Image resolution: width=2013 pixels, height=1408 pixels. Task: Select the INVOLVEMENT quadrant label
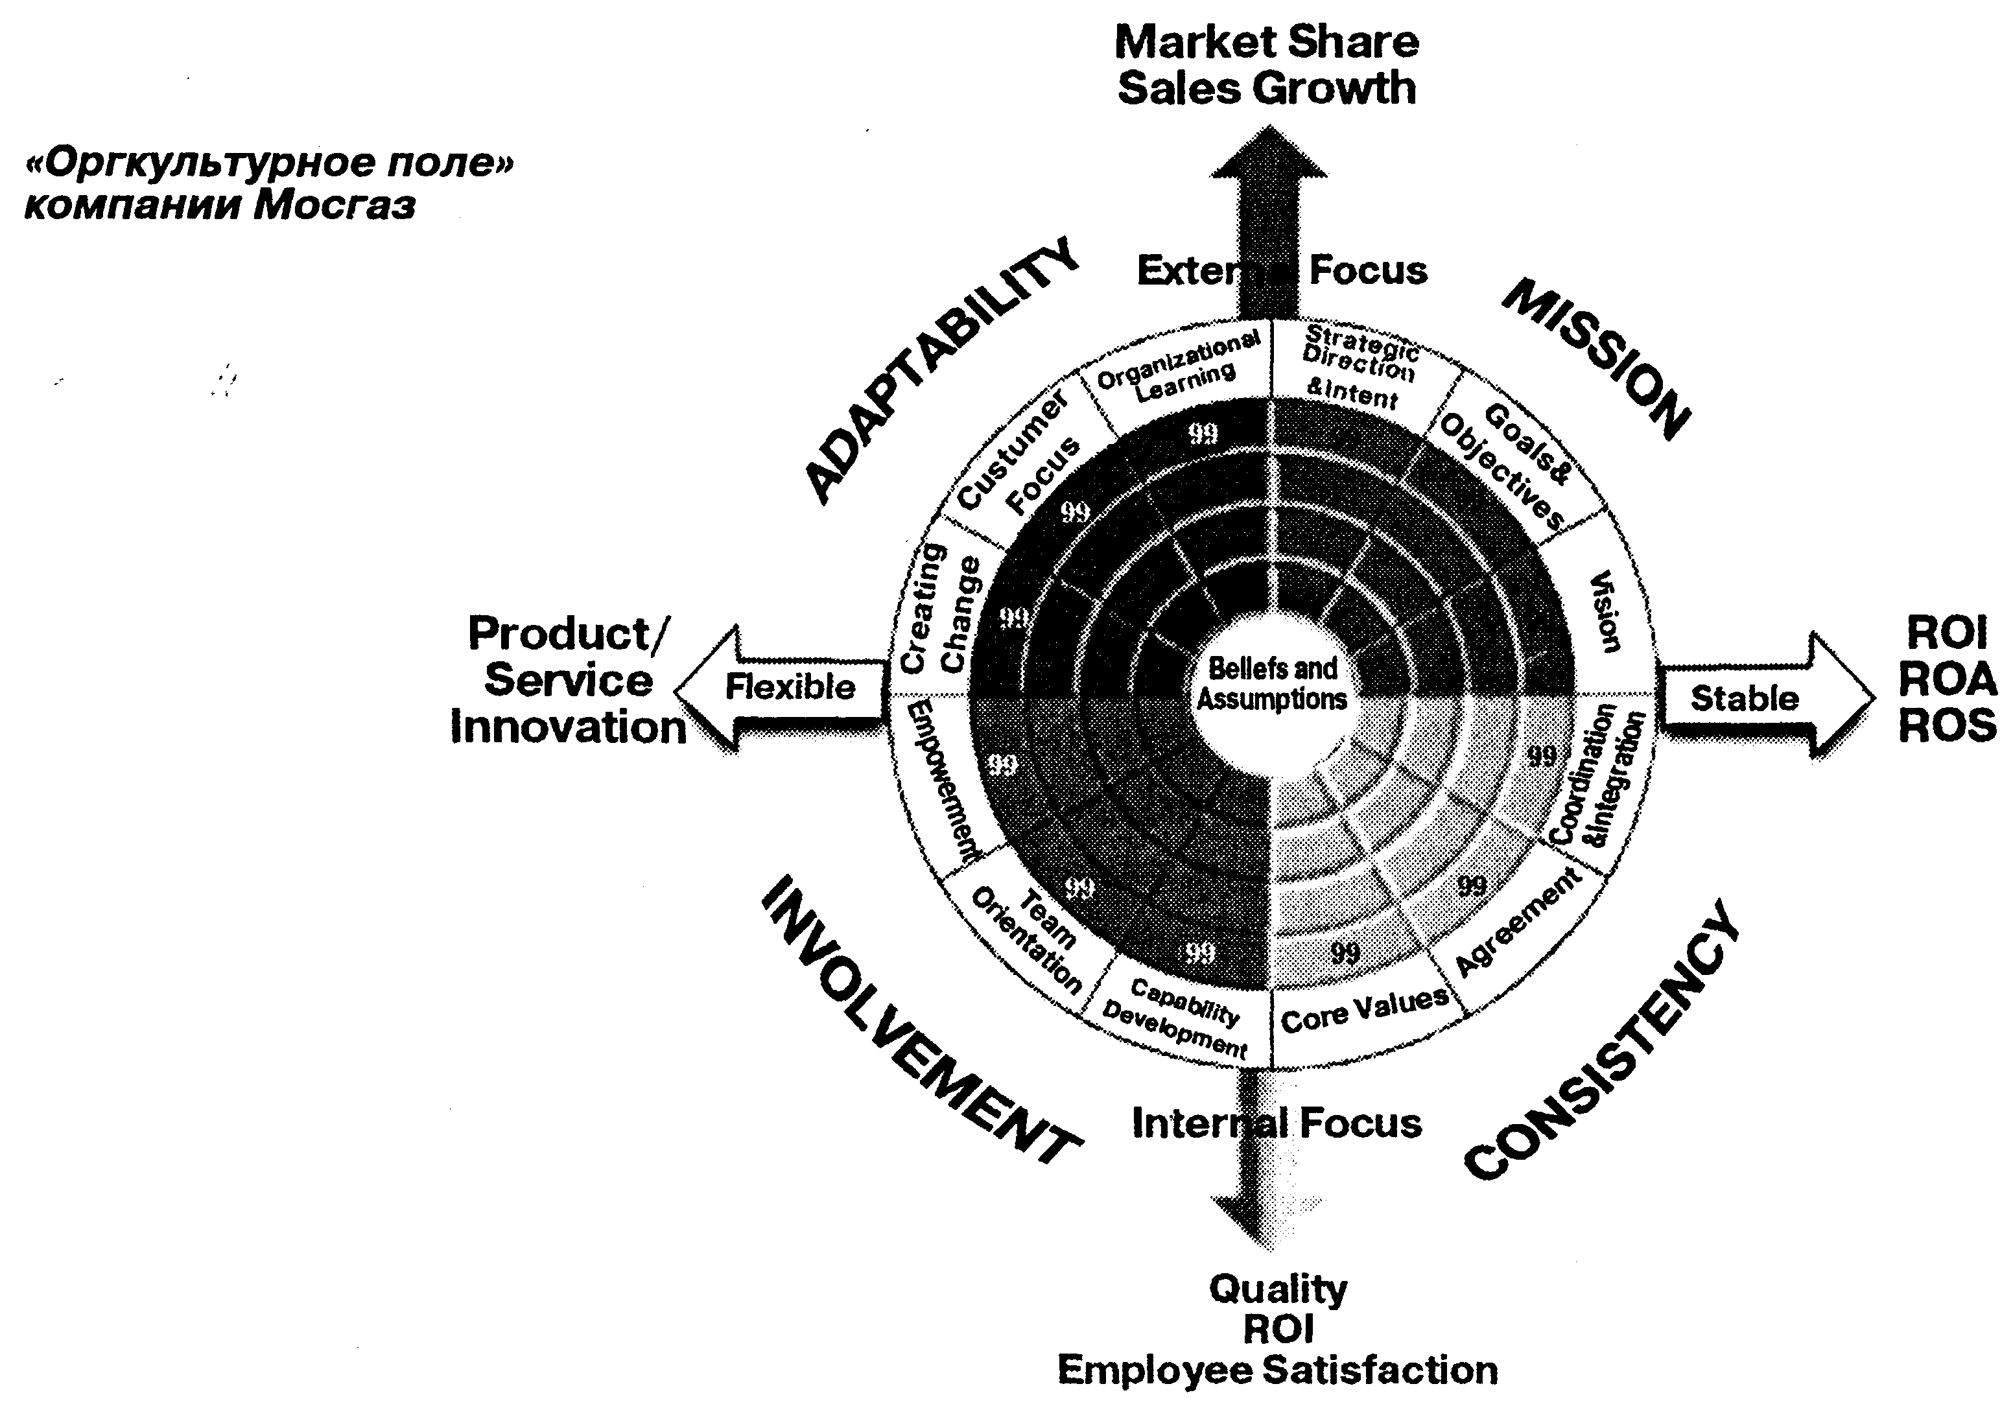[x=921, y=1022]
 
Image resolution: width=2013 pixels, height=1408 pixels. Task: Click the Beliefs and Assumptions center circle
[x=1272, y=684]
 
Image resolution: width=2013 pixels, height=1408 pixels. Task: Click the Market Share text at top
[x=1266, y=42]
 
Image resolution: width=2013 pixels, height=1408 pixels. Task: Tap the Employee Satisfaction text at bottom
[x=1277, y=1369]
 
